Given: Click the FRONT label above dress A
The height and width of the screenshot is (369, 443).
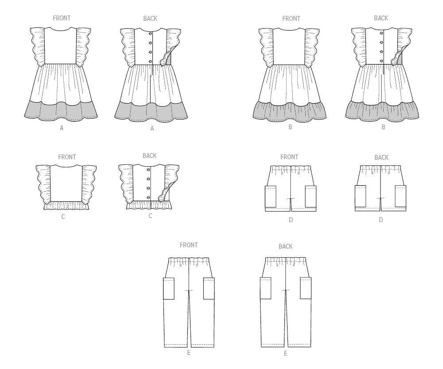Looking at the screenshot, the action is (x=62, y=18).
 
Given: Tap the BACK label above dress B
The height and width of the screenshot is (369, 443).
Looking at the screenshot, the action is (x=381, y=18).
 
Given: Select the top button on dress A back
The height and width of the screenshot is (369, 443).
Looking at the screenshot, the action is (x=150, y=34).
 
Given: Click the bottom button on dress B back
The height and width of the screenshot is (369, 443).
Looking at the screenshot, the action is (x=381, y=61).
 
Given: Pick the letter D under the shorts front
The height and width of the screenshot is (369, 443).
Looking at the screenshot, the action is (x=291, y=220).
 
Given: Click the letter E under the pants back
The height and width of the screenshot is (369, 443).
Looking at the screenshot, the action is (x=285, y=354).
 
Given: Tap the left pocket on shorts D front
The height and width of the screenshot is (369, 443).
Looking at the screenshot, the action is (x=271, y=196).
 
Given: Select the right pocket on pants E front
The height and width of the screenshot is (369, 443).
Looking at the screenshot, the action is (x=209, y=288).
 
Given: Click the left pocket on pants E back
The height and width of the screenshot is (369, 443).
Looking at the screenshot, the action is (x=265, y=288).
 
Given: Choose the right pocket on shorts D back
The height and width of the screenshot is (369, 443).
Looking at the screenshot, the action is (x=400, y=196).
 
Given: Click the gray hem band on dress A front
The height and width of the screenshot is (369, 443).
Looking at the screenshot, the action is (x=61, y=111).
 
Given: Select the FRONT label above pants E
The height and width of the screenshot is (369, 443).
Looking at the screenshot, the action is (x=189, y=245).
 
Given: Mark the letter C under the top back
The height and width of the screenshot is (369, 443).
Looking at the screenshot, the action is (x=150, y=216).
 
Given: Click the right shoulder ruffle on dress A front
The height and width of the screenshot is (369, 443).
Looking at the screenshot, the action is (x=84, y=46).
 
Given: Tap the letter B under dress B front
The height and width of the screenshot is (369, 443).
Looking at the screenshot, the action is (x=290, y=127).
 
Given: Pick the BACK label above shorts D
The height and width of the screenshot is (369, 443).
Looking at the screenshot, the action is (x=381, y=158).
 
